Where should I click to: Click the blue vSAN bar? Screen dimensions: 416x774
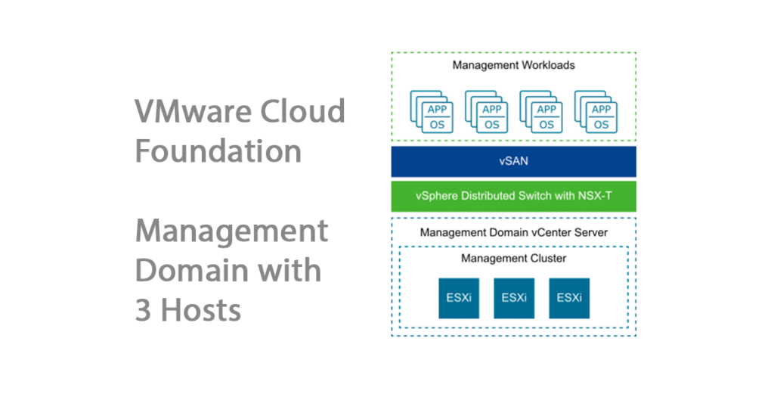click(x=513, y=162)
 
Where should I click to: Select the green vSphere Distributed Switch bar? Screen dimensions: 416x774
click(x=513, y=197)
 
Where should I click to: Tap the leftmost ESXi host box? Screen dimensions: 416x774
click(x=458, y=297)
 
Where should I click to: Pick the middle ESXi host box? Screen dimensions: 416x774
click(x=513, y=297)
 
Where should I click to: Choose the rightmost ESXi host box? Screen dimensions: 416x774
click(x=568, y=297)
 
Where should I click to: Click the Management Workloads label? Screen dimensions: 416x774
click(x=513, y=65)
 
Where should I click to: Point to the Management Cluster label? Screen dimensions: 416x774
click(x=513, y=259)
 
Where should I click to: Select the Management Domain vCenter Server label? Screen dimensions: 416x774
click(x=513, y=233)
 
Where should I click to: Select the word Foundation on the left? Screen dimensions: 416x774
click(x=218, y=151)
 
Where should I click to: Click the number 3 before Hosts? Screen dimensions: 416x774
click(x=144, y=310)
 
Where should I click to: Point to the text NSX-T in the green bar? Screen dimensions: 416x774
click(x=596, y=197)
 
